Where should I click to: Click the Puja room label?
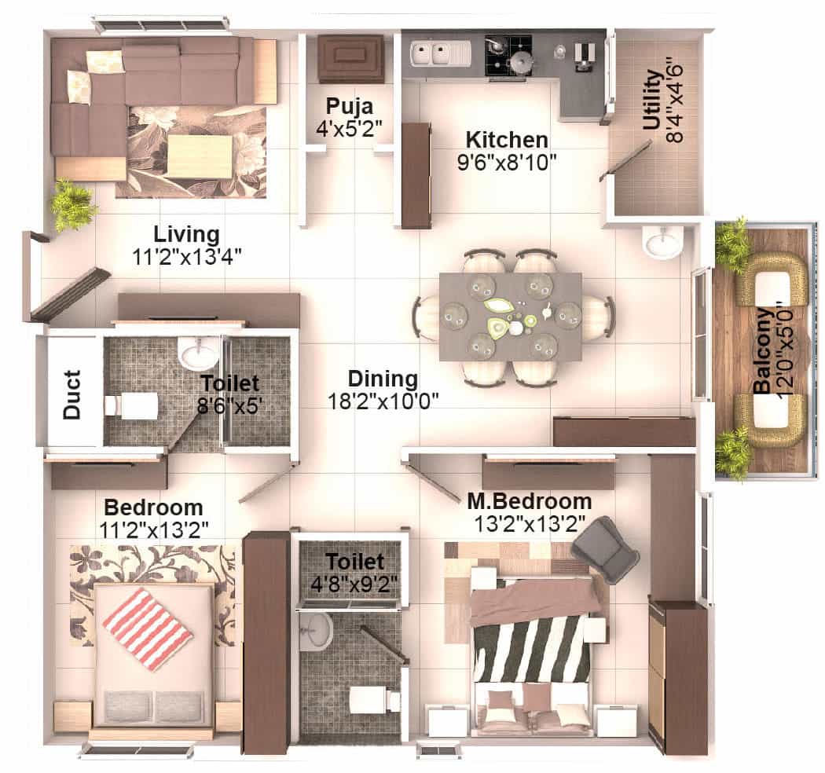[350, 106]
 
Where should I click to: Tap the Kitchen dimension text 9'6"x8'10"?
[506, 163]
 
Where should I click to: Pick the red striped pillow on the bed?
[148, 628]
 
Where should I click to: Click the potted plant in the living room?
[72, 205]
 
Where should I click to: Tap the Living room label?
[186, 234]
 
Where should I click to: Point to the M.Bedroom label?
[529, 500]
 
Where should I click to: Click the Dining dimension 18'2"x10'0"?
[383, 399]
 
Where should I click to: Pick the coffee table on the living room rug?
[200, 156]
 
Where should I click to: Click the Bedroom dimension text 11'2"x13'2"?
[154, 529]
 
